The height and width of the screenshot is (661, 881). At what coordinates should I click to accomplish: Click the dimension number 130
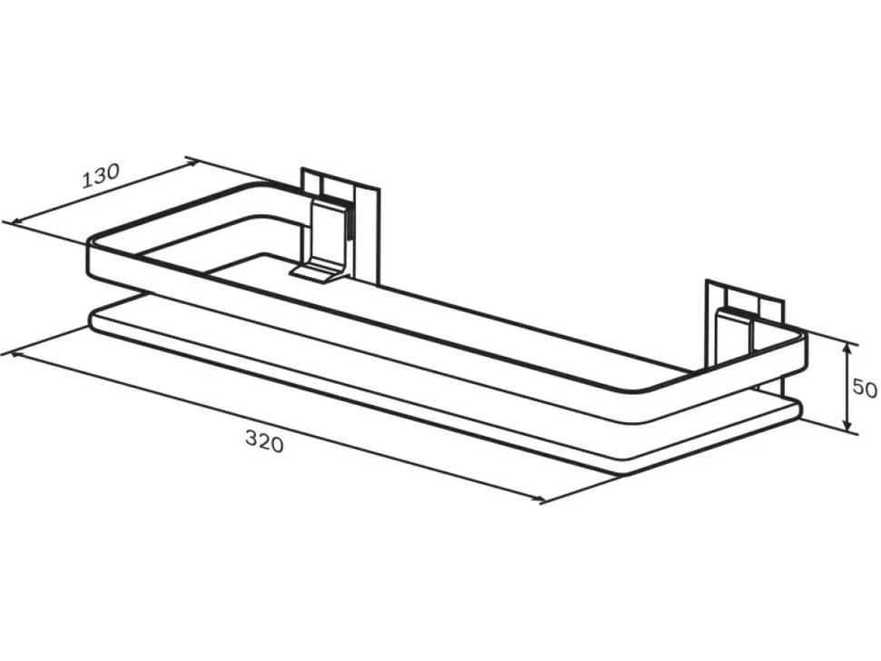click(x=102, y=176)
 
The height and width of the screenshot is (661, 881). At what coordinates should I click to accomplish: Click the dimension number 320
click(x=264, y=441)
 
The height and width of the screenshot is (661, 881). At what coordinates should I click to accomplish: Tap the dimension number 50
click(x=866, y=388)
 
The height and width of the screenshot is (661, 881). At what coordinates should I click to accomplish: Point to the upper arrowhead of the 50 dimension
click(x=848, y=350)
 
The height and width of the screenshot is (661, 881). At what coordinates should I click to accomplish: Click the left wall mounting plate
click(x=341, y=224)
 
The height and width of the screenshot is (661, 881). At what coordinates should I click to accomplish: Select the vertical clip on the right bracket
click(x=735, y=337)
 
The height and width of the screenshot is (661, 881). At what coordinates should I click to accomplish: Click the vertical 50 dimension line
click(x=848, y=388)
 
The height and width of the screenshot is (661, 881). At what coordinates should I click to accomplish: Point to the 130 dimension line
click(x=104, y=192)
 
